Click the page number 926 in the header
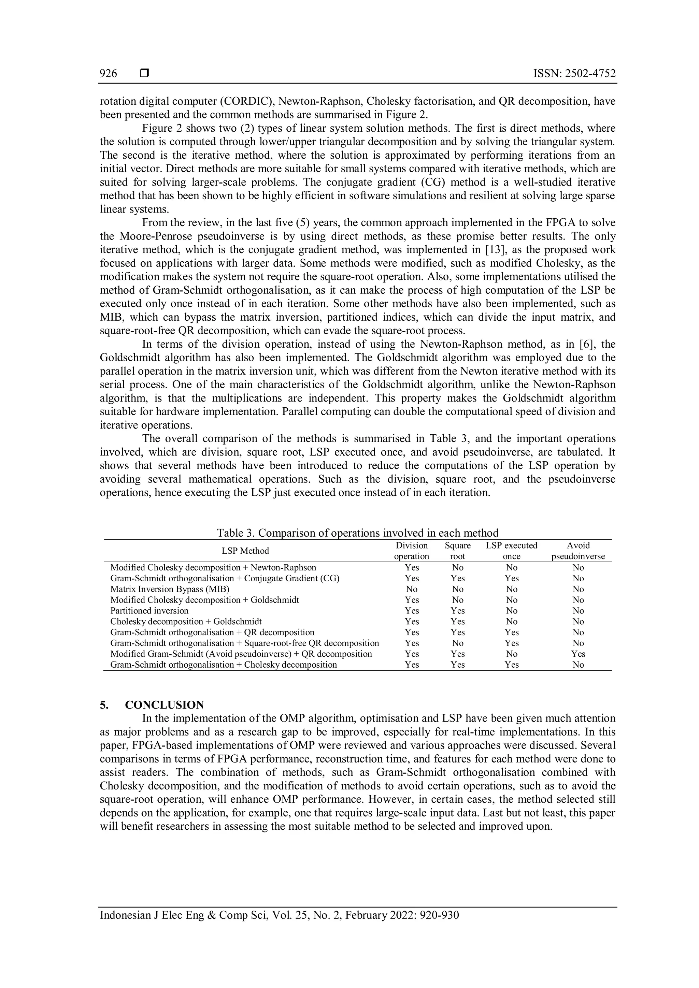tap(108, 74)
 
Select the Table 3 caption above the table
tap(357, 533)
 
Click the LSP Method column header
tap(245, 551)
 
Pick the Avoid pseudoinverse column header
tap(578, 551)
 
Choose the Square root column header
tap(458, 551)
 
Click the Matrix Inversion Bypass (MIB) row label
tap(170, 589)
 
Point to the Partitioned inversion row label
tap(149, 611)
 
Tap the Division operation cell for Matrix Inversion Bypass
tap(412, 589)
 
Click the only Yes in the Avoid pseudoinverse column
tap(578, 654)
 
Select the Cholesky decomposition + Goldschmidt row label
tap(186, 621)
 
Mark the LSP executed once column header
tap(511, 551)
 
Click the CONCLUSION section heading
tap(165, 705)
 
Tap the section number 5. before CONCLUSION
tap(104, 705)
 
